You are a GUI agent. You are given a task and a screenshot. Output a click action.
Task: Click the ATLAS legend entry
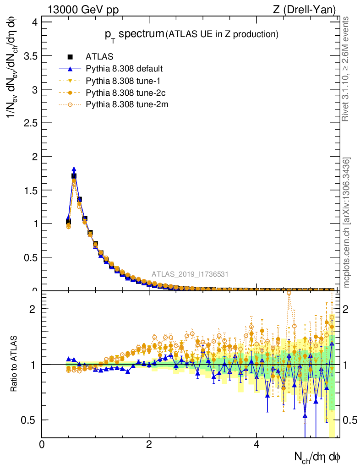tap(99, 57)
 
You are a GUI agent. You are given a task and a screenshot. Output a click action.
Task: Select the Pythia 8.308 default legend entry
tap(124, 69)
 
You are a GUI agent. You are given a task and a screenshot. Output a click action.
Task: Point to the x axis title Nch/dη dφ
tap(317, 457)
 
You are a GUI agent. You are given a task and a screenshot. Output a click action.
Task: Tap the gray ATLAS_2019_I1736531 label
tap(190, 274)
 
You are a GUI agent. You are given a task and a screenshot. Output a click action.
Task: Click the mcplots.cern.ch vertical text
tap(347, 223)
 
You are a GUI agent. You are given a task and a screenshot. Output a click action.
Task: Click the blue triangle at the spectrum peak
tap(74, 169)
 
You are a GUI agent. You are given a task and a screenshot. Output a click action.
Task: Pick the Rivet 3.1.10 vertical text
tap(347, 69)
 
